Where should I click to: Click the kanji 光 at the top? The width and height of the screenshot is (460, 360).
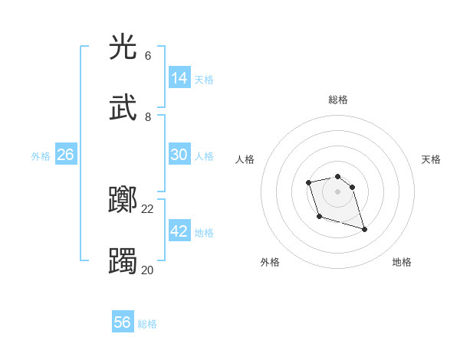[x=123, y=47]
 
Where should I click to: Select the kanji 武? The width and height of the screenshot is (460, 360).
[x=123, y=108]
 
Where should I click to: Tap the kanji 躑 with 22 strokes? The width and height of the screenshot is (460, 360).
[x=123, y=201]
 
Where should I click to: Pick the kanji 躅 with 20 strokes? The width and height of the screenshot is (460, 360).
[x=123, y=261]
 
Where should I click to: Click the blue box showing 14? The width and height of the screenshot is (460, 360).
[x=179, y=77]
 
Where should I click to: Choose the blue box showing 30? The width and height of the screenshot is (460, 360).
[x=179, y=155]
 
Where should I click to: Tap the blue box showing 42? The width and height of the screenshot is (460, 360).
[x=179, y=231]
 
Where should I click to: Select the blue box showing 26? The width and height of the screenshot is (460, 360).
[x=65, y=155]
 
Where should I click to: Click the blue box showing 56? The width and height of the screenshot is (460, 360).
[x=123, y=322]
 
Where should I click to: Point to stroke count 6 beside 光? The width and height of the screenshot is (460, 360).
[x=148, y=56]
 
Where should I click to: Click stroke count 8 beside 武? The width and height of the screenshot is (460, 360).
[x=148, y=116]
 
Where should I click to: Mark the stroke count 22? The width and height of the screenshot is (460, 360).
[x=148, y=209]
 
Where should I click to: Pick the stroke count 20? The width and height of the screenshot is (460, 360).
[x=147, y=270]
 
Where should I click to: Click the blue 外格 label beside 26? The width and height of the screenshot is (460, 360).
[x=41, y=156]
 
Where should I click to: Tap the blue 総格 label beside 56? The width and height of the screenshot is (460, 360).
[x=147, y=324]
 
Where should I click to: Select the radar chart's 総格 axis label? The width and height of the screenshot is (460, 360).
[x=338, y=100]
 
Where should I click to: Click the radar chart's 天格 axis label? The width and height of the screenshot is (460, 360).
[x=431, y=159]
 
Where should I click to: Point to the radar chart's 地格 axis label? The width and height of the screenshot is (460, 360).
[x=402, y=263]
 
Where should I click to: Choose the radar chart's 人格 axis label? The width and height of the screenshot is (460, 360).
[x=245, y=159]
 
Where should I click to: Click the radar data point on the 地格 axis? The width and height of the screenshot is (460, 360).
[x=364, y=229]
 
